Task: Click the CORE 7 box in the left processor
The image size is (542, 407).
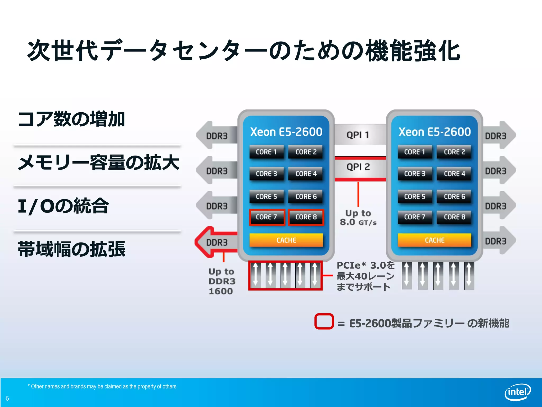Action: [267, 217]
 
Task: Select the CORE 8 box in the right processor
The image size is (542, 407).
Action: [454, 217]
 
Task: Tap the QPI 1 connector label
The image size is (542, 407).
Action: [358, 135]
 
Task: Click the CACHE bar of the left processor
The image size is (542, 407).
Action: [286, 240]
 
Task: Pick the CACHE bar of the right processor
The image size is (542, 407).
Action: [435, 240]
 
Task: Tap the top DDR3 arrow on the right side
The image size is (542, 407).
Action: [498, 136]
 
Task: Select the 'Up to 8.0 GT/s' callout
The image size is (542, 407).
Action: [358, 218]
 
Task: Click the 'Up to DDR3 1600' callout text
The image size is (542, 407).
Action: [221, 281]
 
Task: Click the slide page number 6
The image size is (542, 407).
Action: [7, 398]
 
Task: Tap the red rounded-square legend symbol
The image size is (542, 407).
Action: [324, 321]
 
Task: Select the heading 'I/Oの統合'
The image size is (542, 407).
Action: [64, 206]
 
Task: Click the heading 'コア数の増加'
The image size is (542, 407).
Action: [71, 119]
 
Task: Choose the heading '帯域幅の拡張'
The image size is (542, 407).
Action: [71, 249]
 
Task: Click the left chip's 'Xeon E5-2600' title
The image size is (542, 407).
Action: [286, 132]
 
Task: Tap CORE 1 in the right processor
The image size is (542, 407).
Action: [414, 152]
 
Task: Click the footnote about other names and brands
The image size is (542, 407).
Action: [102, 386]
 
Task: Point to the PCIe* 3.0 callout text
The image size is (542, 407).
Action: [365, 276]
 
